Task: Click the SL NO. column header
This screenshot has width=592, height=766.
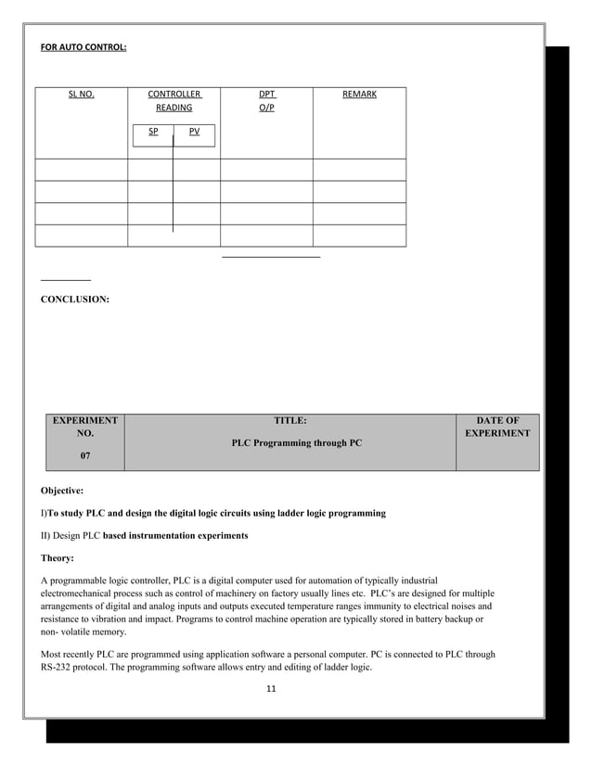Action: pos(82,95)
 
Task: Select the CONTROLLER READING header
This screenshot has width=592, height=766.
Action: pos(174,101)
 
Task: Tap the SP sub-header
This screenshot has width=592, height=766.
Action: pos(153,132)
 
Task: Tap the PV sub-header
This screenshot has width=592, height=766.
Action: pos(194,132)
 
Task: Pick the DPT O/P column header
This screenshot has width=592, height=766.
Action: pos(266,101)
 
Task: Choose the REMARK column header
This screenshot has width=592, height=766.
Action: pos(359,95)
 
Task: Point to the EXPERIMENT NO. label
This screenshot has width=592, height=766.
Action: pos(85,427)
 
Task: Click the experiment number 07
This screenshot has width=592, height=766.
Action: pos(85,455)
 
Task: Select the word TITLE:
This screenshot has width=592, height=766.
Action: pos(290,420)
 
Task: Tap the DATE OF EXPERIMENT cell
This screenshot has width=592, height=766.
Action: pos(497,427)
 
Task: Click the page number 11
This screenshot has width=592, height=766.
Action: pos(272,689)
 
